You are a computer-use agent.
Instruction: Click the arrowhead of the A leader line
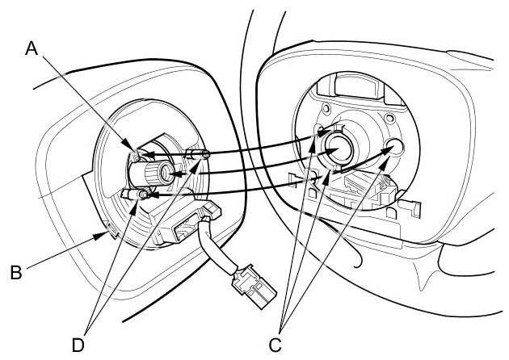point(133,151)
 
